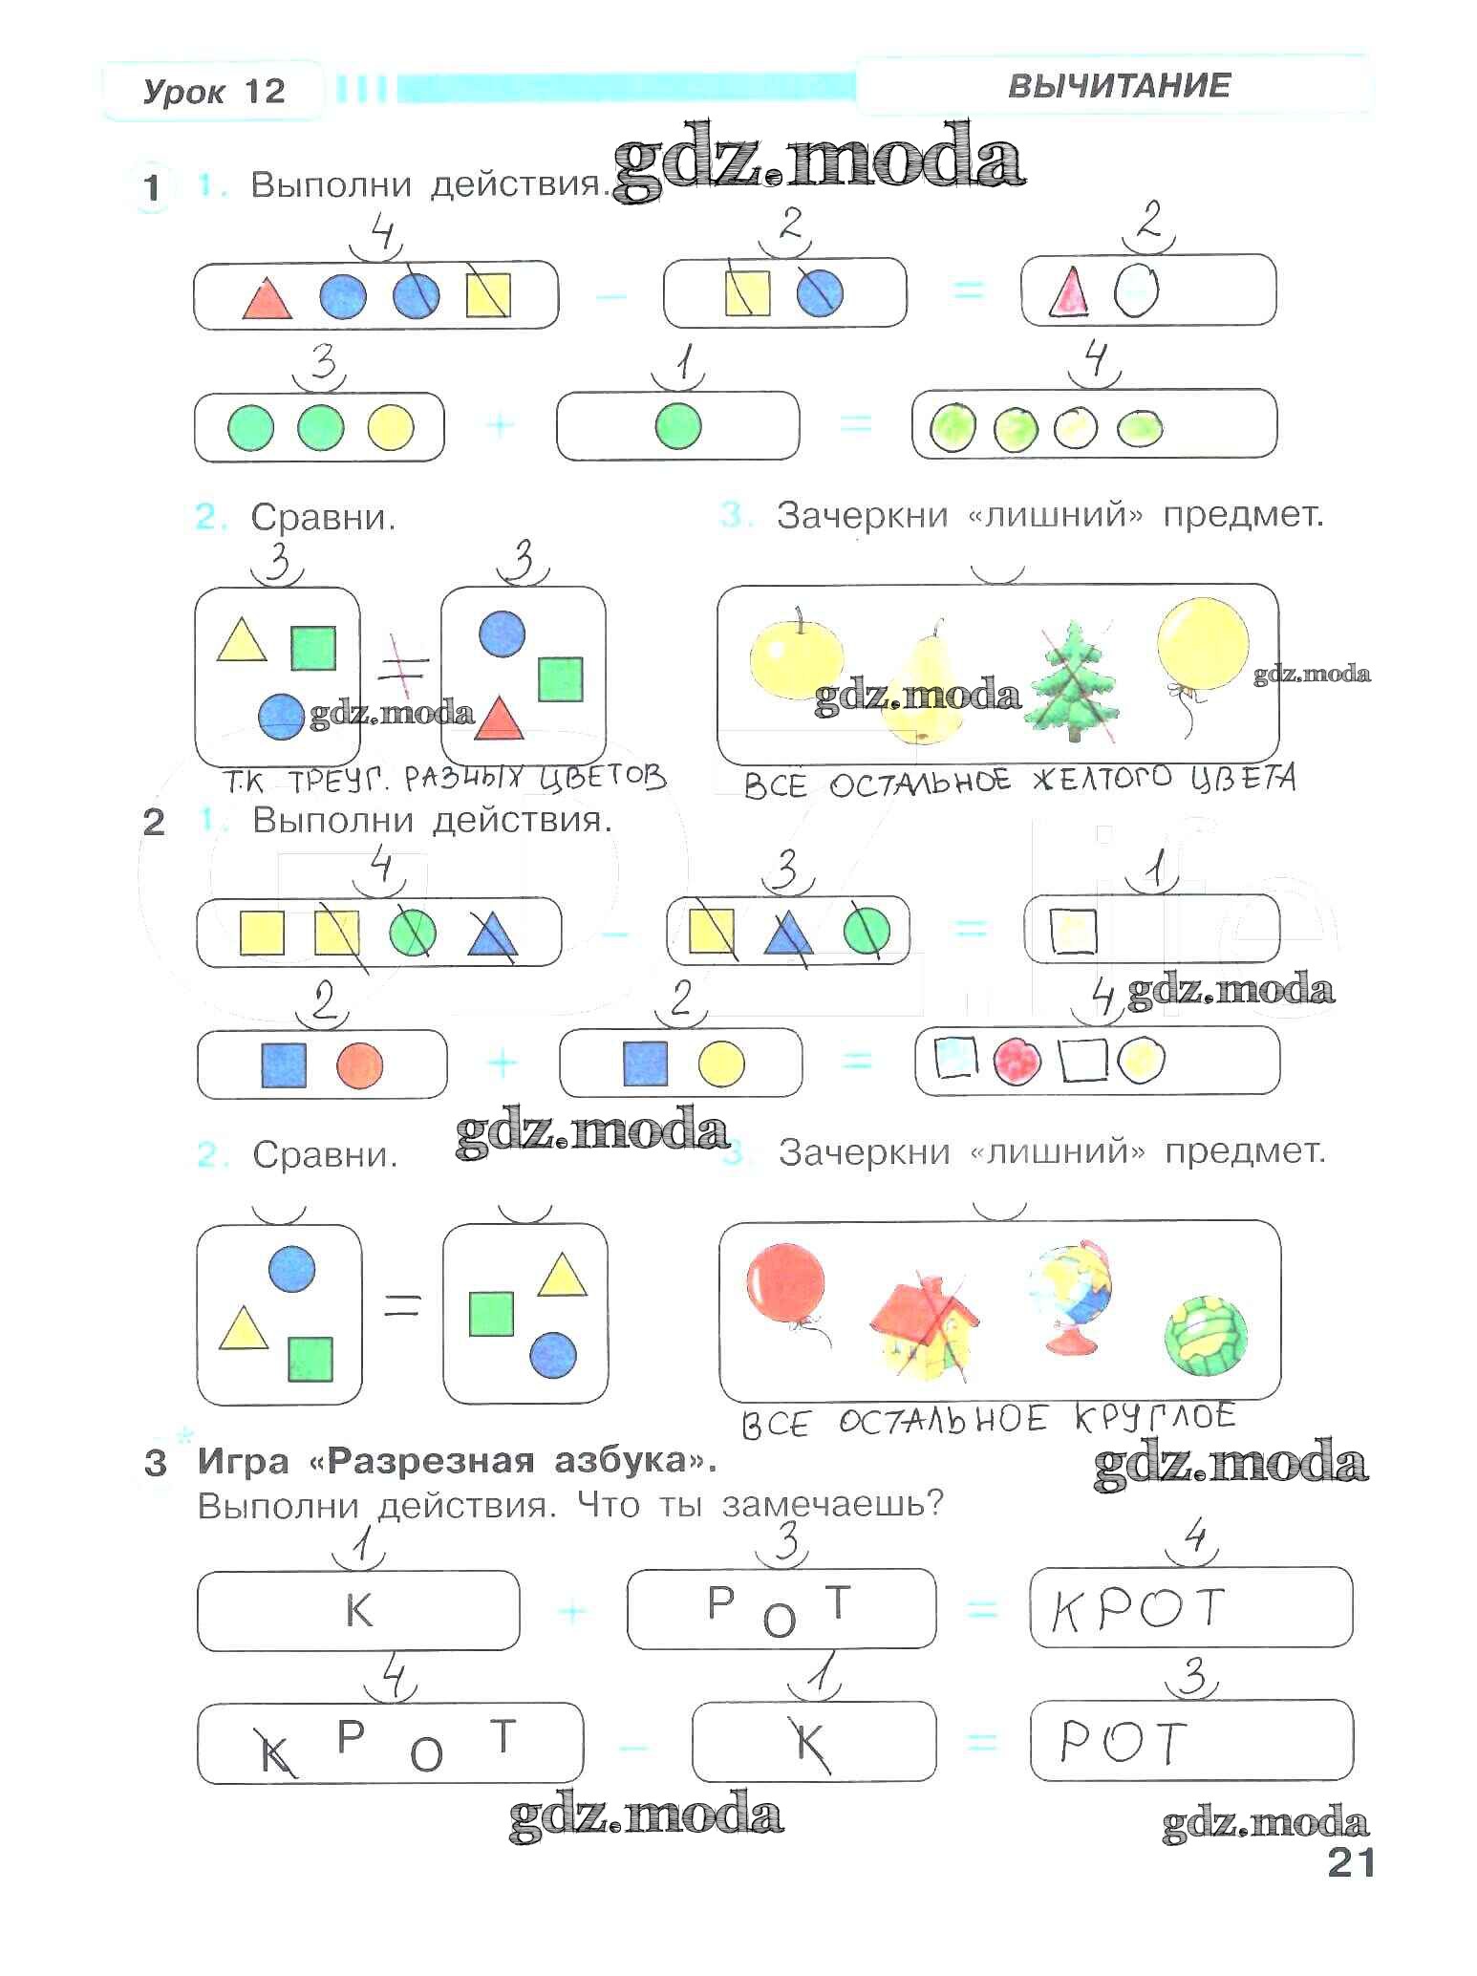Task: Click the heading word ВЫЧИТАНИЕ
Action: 1119,87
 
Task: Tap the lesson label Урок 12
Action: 214,92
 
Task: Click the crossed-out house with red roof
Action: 923,1327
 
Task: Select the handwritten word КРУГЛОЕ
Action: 1155,1419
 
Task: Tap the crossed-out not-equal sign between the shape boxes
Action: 401,666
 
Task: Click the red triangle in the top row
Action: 267,298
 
